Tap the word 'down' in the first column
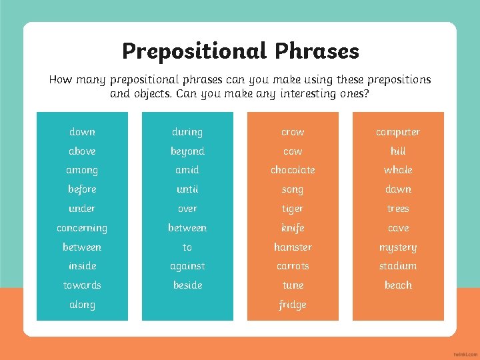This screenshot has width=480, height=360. point(82,132)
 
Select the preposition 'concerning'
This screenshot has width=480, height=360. point(82,228)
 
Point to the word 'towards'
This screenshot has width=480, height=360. point(82,285)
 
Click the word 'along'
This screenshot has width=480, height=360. point(82,305)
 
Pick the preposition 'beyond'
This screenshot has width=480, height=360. point(187,151)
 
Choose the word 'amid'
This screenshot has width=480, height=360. point(187,170)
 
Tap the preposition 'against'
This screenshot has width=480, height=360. point(187,266)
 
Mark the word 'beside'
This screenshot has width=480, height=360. point(187,285)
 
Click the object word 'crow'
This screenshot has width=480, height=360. point(293,132)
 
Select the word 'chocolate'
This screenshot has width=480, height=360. point(293,170)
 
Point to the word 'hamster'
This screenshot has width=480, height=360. point(293,247)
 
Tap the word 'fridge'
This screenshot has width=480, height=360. point(293,305)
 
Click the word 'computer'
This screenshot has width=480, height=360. point(398,132)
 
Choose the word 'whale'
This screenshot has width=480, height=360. point(398,170)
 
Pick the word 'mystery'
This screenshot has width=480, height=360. point(398,247)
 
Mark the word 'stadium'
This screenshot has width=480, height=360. point(398,266)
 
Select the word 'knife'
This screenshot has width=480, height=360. point(293,228)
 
